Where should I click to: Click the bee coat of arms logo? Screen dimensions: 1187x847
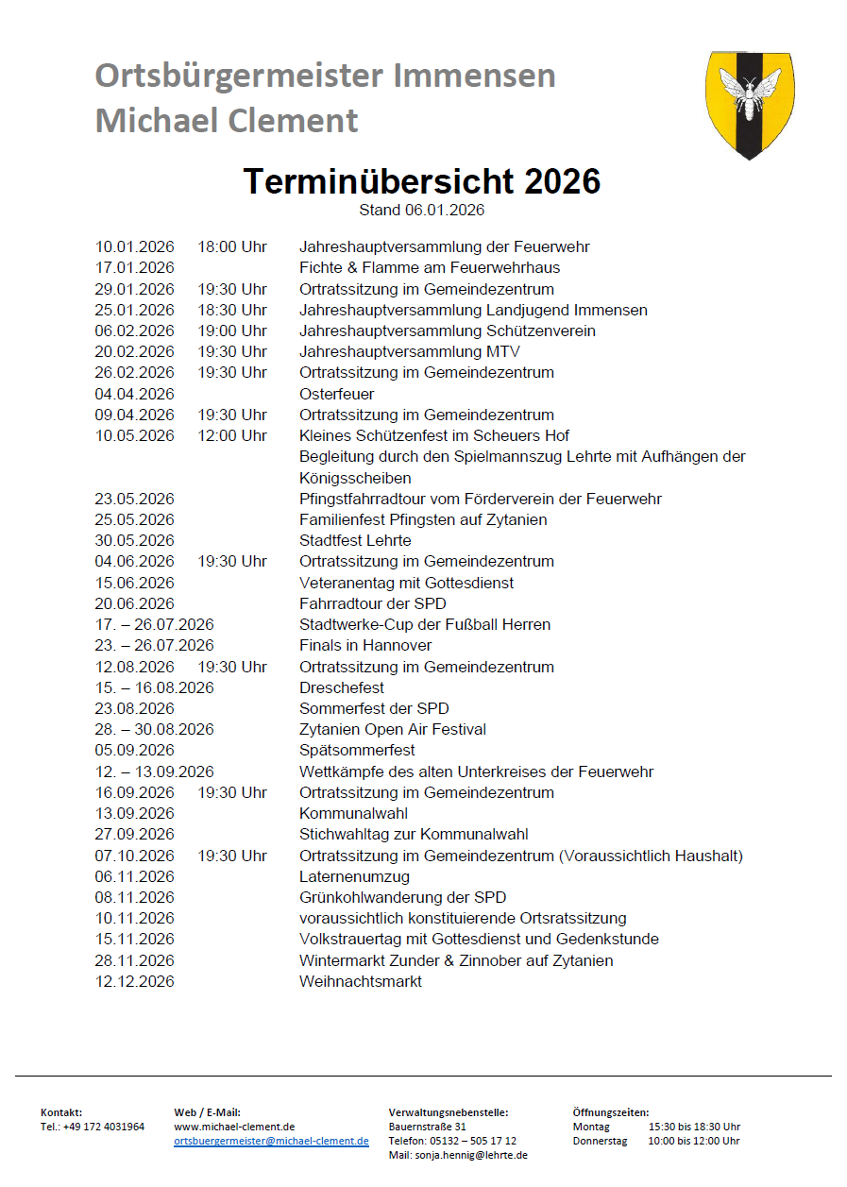[x=750, y=104]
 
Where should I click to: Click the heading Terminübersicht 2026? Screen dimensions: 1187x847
[x=422, y=180]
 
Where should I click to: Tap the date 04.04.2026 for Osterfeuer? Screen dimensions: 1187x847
[x=134, y=394]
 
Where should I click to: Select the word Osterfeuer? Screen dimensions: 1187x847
[x=336, y=394]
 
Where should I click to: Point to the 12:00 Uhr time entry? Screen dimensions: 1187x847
[x=232, y=435]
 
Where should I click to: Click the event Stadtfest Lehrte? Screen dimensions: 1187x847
[x=355, y=540]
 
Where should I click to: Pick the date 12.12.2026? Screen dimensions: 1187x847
[x=134, y=981]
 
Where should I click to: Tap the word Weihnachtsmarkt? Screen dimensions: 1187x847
[x=361, y=981]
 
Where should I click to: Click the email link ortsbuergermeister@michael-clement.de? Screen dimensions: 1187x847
[x=271, y=1141]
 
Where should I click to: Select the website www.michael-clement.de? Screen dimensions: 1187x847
[x=234, y=1127]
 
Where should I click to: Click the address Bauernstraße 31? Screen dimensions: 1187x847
[x=427, y=1127]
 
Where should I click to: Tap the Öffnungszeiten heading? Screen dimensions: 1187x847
[x=610, y=1112]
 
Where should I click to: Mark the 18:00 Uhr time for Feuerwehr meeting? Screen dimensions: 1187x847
[x=232, y=246]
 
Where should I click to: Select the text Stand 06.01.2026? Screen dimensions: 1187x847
[x=421, y=210]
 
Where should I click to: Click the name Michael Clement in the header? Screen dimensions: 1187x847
[x=227, y=120]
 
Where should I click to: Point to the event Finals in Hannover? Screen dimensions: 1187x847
[x=365, y=645]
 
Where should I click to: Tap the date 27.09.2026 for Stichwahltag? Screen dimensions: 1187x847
[x=134, y=834]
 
